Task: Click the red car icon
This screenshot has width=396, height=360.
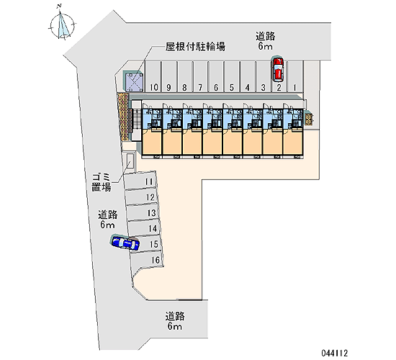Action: coord(278,69)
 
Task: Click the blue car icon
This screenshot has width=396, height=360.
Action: coord(125,243)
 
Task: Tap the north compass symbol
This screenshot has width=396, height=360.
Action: coord(62,25)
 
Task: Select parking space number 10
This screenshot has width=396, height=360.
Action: coord(153,76)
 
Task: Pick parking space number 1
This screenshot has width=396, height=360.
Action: coord(294,76)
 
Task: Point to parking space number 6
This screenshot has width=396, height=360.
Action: coord(216,76)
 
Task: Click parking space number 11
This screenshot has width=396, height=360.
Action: coord(140,180)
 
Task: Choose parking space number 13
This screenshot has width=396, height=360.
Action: coord(143,212)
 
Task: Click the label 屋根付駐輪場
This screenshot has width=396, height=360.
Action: coord(195,47)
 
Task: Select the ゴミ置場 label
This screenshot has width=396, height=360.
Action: coord(101,182)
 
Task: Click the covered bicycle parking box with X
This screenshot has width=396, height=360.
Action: coord(134,81)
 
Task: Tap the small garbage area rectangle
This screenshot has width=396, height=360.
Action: coord(130,161)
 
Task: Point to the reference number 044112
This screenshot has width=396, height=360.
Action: coord(335,353)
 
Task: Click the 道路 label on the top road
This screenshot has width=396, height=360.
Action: coord(265,37)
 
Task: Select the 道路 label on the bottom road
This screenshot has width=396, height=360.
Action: coord(175,316)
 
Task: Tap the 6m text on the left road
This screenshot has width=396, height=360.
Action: coord(107,225)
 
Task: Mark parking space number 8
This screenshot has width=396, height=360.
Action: coord(184,76)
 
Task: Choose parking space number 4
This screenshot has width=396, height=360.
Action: coord(248,76)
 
